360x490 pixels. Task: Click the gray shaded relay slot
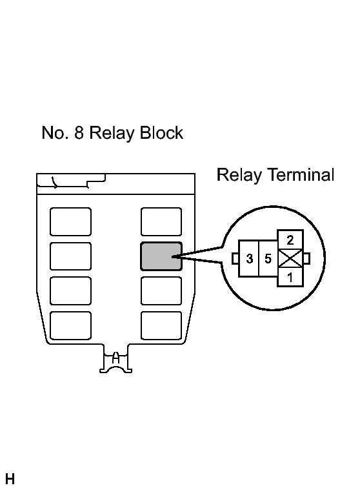click(x=161, y=256)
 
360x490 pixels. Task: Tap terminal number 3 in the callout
click(x=249, y=259)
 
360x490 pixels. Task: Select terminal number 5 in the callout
click(x=268, y=259)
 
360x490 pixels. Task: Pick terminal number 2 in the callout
click(x=290, y=240)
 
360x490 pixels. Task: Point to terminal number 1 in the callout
click(x=290, y=277)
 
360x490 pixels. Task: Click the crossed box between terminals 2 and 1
click(x=290, y=259)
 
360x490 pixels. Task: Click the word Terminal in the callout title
click(x=301, y=174)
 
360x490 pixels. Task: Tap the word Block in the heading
click(x=161, y=132)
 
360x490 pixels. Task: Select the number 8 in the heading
click(x=79, y=132)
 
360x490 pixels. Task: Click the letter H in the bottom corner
click(x=10, y=479)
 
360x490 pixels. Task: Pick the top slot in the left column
click(x=70, y=221)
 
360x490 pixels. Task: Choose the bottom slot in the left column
click(x=70, y=325)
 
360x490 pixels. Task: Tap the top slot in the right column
click(x=161, y=221)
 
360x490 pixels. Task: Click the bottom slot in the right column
click(x=161, y=325)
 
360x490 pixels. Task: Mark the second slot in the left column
click(x=70, y=256)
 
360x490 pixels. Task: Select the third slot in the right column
click(x=161, y=291)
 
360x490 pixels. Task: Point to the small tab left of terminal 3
click(x=235, y=258)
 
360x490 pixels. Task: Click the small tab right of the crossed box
click(x=306, y=258)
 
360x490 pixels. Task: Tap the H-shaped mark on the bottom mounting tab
click(x=116, y=358)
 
